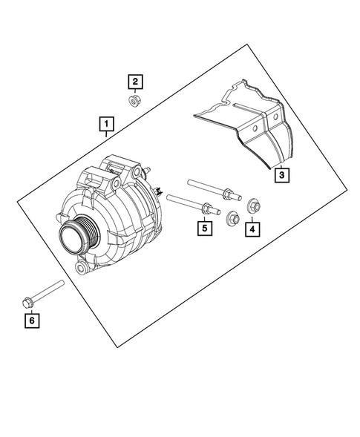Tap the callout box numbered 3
pos(280,175)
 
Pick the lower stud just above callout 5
pos(189,204)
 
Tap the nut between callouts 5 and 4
pos(231,217)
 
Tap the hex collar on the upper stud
pos(225,196)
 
